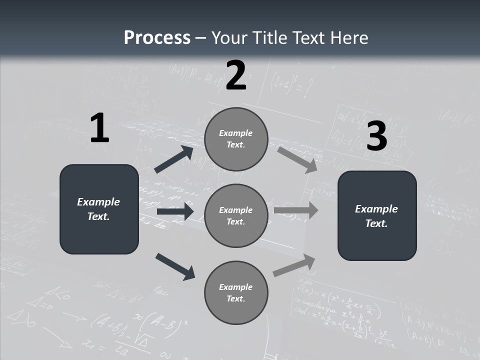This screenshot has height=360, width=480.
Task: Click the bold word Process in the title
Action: (x=157, y=38)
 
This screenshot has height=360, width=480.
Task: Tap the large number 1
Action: (x=99, y=128)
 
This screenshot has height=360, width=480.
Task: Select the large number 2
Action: (x=236, y=75)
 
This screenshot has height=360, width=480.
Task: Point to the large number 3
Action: (x=376, y=136)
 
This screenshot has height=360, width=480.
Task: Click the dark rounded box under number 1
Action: (x=99, y=209)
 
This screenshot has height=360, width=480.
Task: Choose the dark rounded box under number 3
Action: (x=377, y=215)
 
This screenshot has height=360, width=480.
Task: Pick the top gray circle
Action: (x=236, y=139)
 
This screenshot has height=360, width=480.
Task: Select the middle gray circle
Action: (x=236, y=215)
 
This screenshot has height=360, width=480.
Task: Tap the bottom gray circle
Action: (x=236, y=292)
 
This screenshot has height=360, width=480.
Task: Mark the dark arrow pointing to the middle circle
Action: (x=175, y=211)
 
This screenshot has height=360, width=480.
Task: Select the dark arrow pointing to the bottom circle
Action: (x=175, y=266)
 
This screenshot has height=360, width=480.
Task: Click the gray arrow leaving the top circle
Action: (x=297, y=159)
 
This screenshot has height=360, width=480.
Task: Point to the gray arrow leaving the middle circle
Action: (x=296, y=210)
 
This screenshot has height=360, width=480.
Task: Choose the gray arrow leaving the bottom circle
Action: (x=294, y=265)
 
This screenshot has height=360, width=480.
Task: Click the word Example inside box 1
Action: (x=98, y=202)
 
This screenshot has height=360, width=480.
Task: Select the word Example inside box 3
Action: (x=376, y=209)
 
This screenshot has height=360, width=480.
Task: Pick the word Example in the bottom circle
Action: (x=236, y=287)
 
